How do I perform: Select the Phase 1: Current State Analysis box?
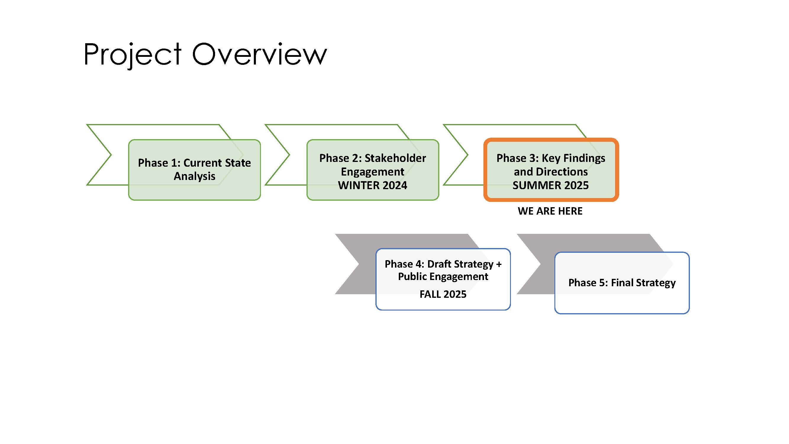[x=194, y=170]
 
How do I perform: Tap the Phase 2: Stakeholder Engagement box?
[x=373, y=170]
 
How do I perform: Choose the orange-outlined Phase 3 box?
[x=551, y=170]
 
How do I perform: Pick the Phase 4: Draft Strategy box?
[x=443, y=279]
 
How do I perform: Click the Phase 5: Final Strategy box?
[x=622, y=283]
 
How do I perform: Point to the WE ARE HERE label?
[x=550, y=211]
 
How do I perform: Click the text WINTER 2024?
[x=373, y=185]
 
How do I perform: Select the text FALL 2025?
[x=443, y=294]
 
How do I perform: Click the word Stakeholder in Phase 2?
[x=395, y=158]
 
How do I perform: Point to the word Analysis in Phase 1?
[x=194, y=176]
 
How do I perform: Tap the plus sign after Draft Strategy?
[x=499, y=264]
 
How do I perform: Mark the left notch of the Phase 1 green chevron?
[x=111, y=155]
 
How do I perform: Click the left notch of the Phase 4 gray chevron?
[x=359, y=264]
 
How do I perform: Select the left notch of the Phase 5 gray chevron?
[x=540, y=264]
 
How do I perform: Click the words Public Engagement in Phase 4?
[x=443, y=277]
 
